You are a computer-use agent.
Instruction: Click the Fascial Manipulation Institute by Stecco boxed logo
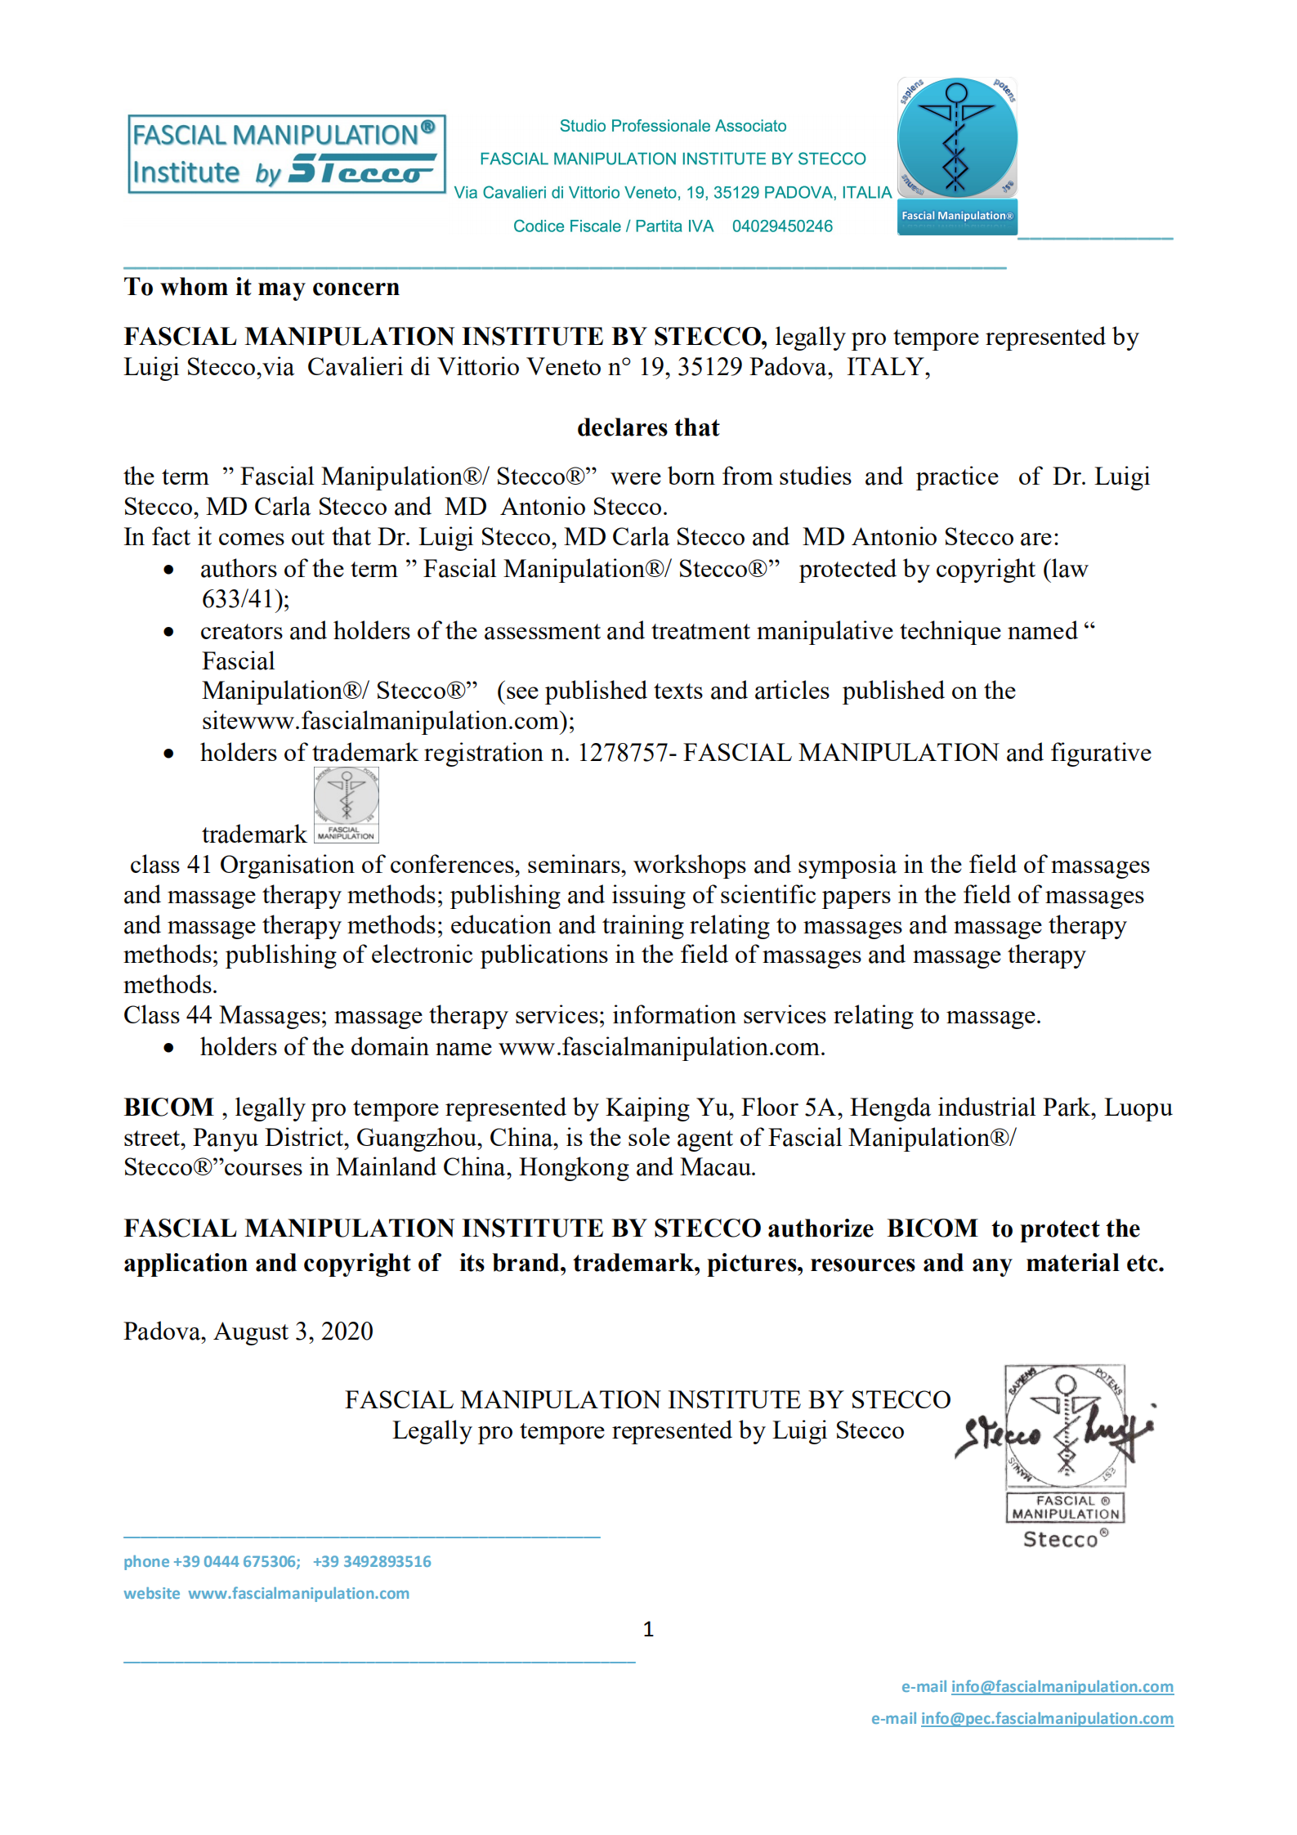[x=286, y=154]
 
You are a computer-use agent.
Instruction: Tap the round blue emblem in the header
[x=957, y=138]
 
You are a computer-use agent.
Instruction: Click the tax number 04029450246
[x=782, y=226]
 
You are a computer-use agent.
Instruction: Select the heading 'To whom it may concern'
[x=262, y=288]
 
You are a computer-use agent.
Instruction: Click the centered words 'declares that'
[x=648, y=427]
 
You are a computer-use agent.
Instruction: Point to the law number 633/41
[x=242, y=599]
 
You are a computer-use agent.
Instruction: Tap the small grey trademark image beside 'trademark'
[x=346, y=805]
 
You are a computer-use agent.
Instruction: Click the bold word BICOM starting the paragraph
[x=168, y=1108]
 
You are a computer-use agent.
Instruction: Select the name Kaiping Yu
[x=668, y=1108]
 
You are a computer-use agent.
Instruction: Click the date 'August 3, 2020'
[x=293, y=1331]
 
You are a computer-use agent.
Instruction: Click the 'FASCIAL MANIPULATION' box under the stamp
[x=1065, y=1507]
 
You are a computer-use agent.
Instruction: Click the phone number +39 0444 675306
[x=236, y=1562]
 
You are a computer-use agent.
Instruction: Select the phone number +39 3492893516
[x=372, y=1562]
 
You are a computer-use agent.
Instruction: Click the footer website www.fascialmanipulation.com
[x=298, y=1594]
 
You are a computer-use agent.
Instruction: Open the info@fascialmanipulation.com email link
[x=1062, y=1687]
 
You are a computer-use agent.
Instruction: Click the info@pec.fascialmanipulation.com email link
[x=1047, y=1719]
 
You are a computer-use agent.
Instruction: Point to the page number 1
[x=648, y=1630]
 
